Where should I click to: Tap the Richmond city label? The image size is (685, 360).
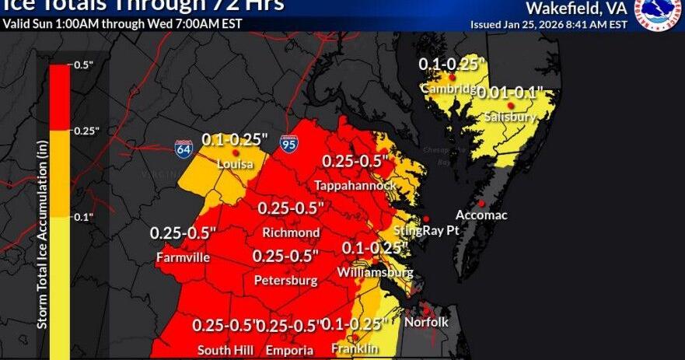291,233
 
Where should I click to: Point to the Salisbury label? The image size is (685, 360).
509,117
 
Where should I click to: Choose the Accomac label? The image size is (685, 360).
481,215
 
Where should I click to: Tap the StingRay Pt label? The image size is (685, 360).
426,231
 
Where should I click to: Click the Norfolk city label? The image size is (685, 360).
426,322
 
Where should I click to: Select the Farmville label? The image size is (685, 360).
182,257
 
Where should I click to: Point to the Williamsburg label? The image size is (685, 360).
376,273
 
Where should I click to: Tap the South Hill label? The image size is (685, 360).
225,351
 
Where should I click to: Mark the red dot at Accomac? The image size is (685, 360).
482,203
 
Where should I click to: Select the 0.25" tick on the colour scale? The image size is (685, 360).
83,131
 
